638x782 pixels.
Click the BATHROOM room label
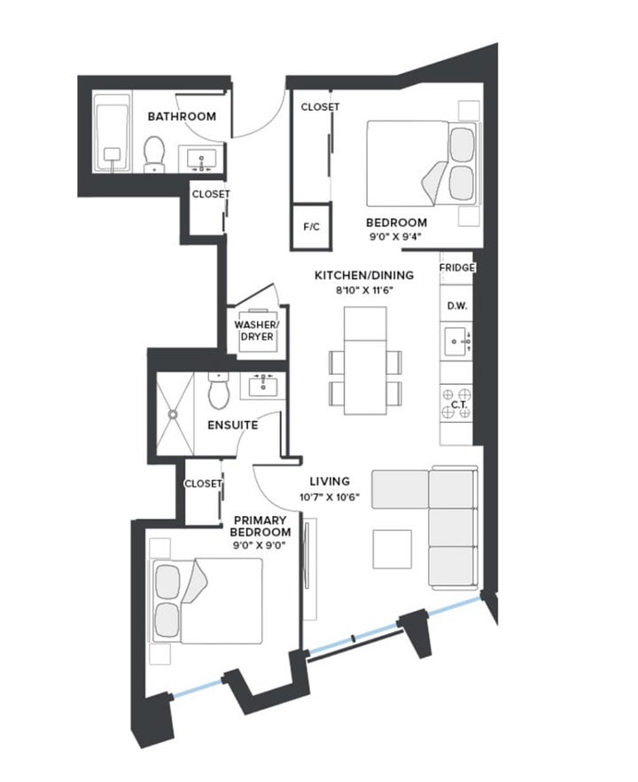[x=182, y=116]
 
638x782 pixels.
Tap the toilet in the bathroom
[x=154, y=153]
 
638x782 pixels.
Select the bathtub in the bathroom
[x=113, y=137]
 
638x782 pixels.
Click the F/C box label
[x=312, y=227]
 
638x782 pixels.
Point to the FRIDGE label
[x=457, y=268]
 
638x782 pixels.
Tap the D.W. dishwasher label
[x=457, y=306]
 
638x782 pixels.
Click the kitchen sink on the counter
[x=457, y=341]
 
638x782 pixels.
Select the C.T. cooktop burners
[x=456, y=403]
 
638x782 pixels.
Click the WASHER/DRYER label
[x=257, y=331]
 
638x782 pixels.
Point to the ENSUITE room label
[x=233, y=425]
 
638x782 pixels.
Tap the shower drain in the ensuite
[x=173, y=414]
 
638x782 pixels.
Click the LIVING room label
[x=330, y=481]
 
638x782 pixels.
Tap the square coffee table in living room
[x=393, y=549]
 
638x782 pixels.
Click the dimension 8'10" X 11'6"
[x=364, y=290]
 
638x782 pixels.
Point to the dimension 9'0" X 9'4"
[x=395, y=237]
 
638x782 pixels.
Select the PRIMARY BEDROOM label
[x=261, y=526]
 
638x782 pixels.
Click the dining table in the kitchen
[x=365, y=361]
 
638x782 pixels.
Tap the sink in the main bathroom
[x=201, y=159]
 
